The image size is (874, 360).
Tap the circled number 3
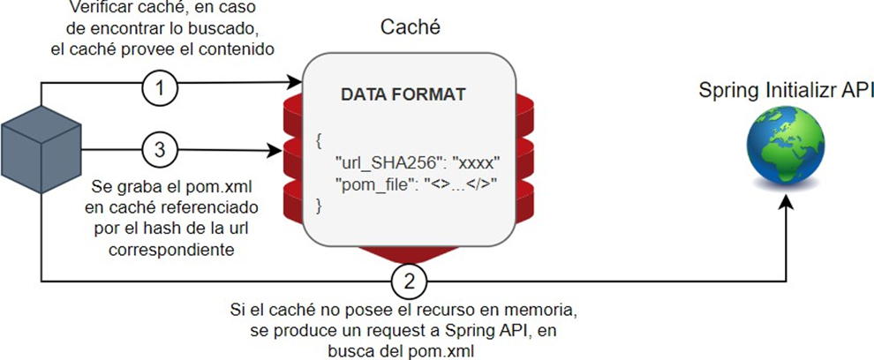[161, 149]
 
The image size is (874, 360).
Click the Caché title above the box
[411, 27]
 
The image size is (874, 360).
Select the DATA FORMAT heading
[403, 95]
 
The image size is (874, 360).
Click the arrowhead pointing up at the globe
[784, 201]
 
